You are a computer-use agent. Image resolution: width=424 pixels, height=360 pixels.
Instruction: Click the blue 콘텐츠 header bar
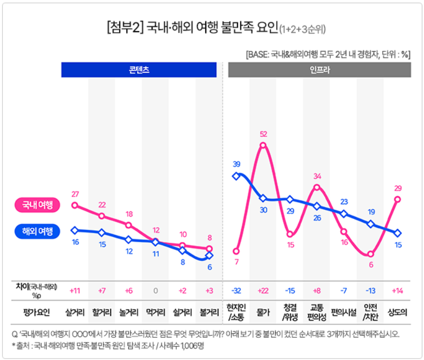pos(139,70)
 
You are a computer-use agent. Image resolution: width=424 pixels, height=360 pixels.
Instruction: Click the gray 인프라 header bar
pos(320,70)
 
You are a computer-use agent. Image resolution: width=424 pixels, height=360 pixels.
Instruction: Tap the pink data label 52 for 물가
pos(263,134)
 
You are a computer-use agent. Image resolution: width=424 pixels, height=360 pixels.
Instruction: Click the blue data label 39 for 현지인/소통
pos(236,164)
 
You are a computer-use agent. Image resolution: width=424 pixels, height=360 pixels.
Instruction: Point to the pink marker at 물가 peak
pos(263,145)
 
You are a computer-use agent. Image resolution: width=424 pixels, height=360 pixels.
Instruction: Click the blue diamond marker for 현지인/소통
pos(236,176)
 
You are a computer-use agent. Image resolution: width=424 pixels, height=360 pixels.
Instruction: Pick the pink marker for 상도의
pos(398,199)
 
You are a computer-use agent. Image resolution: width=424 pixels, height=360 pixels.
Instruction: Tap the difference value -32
pos(236,290)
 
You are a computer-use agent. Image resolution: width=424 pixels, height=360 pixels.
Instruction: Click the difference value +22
pos(263,290)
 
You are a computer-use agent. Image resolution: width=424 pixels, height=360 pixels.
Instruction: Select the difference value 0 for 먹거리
pos(156,290)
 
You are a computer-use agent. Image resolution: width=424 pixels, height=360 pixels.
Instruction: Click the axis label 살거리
pos(75,312)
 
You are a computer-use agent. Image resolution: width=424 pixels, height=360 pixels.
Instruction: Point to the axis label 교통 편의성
pos(317,312)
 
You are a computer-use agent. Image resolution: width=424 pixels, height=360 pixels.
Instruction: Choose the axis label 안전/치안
pos(371,312)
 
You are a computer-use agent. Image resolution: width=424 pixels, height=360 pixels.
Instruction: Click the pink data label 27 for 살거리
pos(75,194)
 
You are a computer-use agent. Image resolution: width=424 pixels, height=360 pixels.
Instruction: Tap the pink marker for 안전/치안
pos(371,254)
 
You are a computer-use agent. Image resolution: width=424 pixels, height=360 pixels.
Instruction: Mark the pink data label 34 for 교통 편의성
pos(317,176)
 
